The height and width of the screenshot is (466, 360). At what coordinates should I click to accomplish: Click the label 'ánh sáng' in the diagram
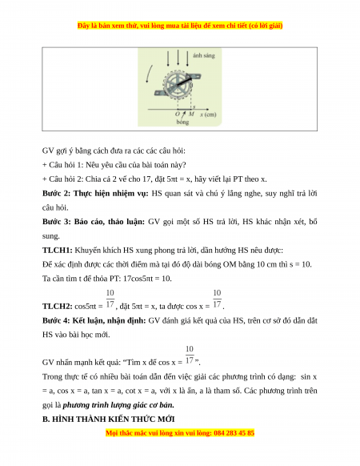204,55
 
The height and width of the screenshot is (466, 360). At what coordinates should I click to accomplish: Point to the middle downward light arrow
178,58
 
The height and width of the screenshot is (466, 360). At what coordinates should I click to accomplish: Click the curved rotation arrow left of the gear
149,74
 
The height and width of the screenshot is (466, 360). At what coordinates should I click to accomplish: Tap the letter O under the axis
178,114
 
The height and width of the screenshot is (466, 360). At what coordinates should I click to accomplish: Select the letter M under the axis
191,114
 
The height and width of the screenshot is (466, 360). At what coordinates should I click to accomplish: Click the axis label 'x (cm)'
208,114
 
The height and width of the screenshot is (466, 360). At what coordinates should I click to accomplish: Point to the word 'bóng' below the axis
182,122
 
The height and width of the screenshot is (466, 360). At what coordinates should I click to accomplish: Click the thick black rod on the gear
185,80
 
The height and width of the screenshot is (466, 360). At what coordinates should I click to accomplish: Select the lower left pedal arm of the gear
161,93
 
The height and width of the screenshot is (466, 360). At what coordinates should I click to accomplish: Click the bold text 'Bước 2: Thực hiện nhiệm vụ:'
95,194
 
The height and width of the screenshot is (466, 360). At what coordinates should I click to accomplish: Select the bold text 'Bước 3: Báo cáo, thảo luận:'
94,222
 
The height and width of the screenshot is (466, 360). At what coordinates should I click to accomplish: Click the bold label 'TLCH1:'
58,251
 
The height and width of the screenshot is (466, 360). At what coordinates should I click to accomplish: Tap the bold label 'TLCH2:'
58,306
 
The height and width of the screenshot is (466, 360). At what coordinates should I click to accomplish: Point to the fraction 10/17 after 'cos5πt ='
110,299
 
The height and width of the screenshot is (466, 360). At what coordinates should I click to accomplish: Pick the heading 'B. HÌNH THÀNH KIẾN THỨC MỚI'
109,419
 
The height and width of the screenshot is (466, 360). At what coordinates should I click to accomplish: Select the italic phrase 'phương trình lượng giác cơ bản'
118,405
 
